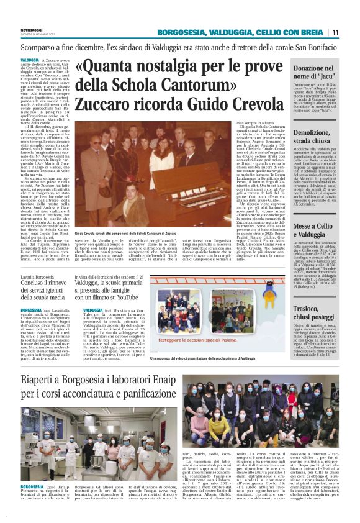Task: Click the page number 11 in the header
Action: pyautogui.click(x=352, y=32)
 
